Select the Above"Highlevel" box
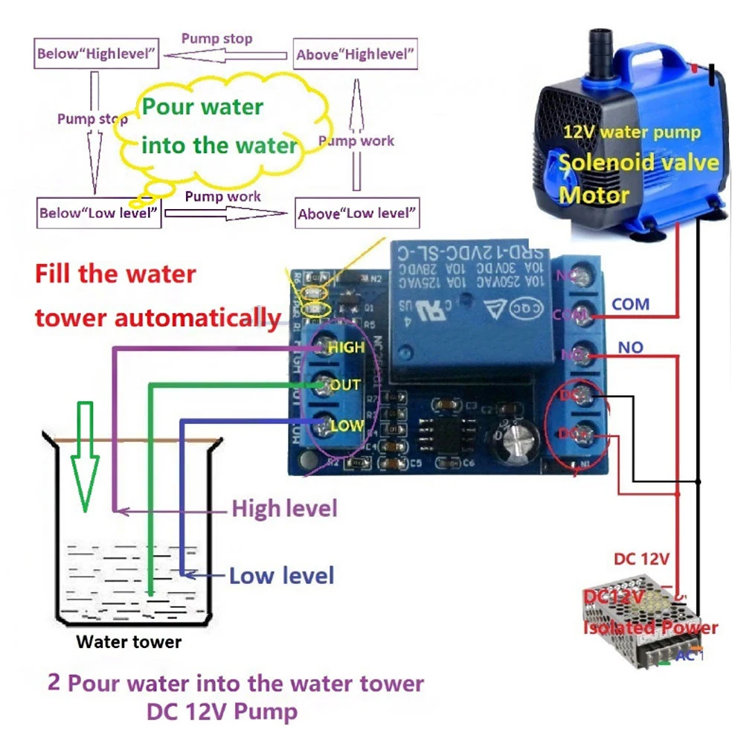pos(356,54)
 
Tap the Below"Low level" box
pos(99,213)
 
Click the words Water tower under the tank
pos(129,641)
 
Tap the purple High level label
pos(284,509)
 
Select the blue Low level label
pos(281,575)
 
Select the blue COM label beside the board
pos(630,304)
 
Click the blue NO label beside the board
pos(630,348)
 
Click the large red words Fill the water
pos(115,274)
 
